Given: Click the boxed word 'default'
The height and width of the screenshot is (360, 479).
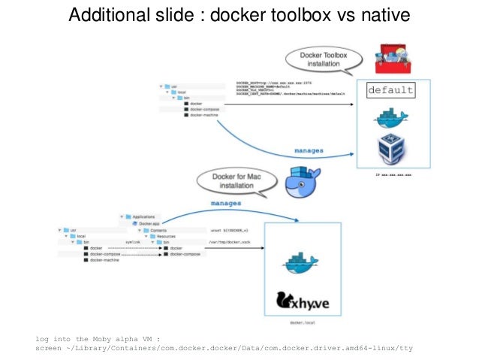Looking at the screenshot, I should pyautogui.click(x=390, y=90).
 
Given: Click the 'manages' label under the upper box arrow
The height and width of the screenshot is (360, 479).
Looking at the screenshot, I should pyautogui.click(x=309, y=150).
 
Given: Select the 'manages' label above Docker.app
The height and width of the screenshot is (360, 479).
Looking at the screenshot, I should pyautogui.click(x=225, y=203).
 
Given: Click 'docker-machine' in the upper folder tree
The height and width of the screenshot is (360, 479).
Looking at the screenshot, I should pyautogui.click(x=205, y=115).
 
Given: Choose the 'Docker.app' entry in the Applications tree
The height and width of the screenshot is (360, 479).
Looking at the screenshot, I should pyautogui.click(x=149, y=223).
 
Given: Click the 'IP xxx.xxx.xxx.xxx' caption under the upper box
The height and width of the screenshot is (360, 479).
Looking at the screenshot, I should pyautogui.click(x=393, y=174).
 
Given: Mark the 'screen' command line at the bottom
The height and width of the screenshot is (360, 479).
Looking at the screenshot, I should pyautogui.click(x=224, y=348).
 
